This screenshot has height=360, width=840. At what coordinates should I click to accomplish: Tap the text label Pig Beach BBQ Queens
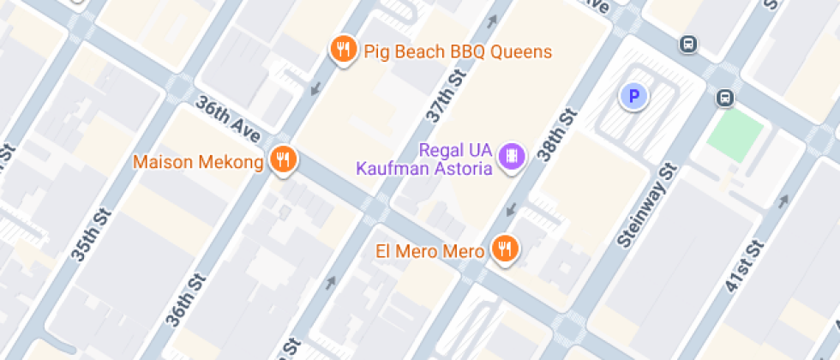[x=458, y=51]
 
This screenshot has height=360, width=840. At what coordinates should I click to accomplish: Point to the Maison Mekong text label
[x=198, y=162]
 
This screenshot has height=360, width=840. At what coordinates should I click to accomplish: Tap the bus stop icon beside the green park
[x=725, y=99]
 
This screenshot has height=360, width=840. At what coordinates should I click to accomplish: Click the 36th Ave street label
[x=227, y=119]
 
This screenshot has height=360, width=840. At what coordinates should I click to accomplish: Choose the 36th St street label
[x=187, y=300]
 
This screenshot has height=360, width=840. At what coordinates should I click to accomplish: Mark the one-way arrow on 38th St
[x=513, y=210]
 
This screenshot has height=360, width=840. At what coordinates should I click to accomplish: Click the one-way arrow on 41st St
[x=782, y=201]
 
